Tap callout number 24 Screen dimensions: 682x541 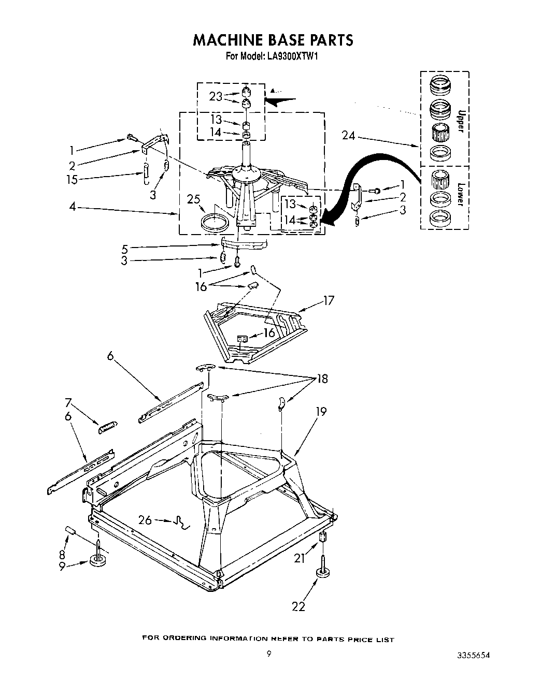[349, 136]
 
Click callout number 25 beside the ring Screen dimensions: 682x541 [194, 199]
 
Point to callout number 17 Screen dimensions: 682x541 [328, 300]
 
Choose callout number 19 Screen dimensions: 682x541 [321, 412]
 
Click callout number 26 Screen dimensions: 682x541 [145, 519]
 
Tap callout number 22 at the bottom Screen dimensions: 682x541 [298, 606]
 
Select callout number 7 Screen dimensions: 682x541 [68, 402]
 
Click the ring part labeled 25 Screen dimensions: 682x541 [215, 222]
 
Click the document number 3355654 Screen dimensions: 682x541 [470, 655]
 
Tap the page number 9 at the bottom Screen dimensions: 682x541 [268, 654]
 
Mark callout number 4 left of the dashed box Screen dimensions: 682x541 [73, 208]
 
